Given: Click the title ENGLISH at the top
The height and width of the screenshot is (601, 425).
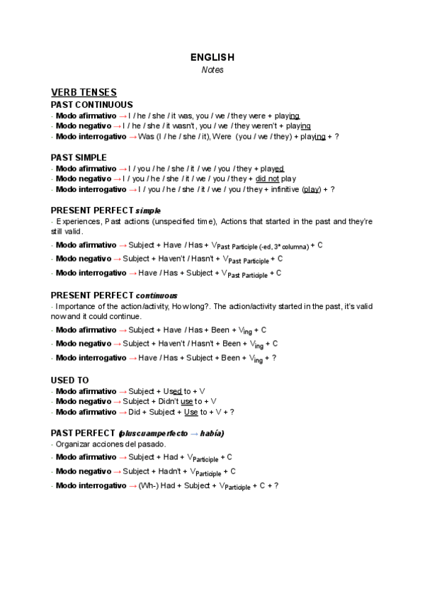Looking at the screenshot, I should tap(212, 57).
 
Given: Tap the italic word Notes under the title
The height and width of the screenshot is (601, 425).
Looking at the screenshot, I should tap(212, 70).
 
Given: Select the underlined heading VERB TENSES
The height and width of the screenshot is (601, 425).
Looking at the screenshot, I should tap(84, 93).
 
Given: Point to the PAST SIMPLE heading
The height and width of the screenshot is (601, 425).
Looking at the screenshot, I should tap(79, 157).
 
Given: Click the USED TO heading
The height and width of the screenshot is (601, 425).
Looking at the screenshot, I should tap(69, 380).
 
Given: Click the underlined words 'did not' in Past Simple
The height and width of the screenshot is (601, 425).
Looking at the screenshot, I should tap(267, 179).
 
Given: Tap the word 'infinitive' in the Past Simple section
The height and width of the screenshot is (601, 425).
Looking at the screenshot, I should tap(284, 190).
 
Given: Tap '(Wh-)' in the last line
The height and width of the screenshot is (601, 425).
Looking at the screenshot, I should tap(148, 485).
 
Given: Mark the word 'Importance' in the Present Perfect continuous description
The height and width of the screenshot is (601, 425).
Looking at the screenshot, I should tap(76, 306).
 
